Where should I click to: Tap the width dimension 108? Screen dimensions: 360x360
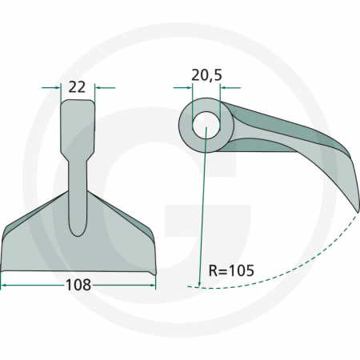point(78,284)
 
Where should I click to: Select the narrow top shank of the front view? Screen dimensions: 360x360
point(78,120)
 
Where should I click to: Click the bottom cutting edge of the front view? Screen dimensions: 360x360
point(78,270)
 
